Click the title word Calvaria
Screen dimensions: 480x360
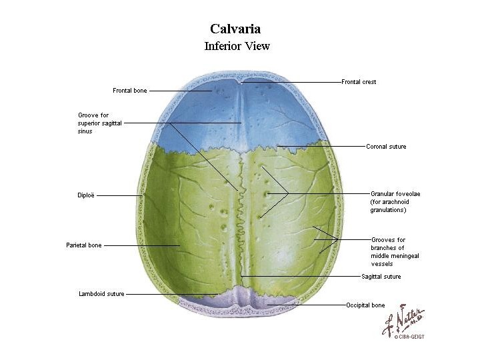click(235, 29)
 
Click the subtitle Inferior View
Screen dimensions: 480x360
click(237, 47)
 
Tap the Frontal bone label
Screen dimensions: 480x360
click(130, 91)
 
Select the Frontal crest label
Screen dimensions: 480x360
click(359, 82)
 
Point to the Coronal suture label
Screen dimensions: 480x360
click(386, 147)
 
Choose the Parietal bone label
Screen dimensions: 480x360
click(84, 245)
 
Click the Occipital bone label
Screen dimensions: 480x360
click(365, 305)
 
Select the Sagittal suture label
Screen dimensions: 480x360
click(381, 277)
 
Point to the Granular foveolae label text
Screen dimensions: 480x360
click(395, 201)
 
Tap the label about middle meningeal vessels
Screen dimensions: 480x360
click(395, 251)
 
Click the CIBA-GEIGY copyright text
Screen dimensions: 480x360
click(409, 337)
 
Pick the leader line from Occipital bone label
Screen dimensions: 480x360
click(307, 305)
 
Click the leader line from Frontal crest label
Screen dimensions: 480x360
click(293, 82)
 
